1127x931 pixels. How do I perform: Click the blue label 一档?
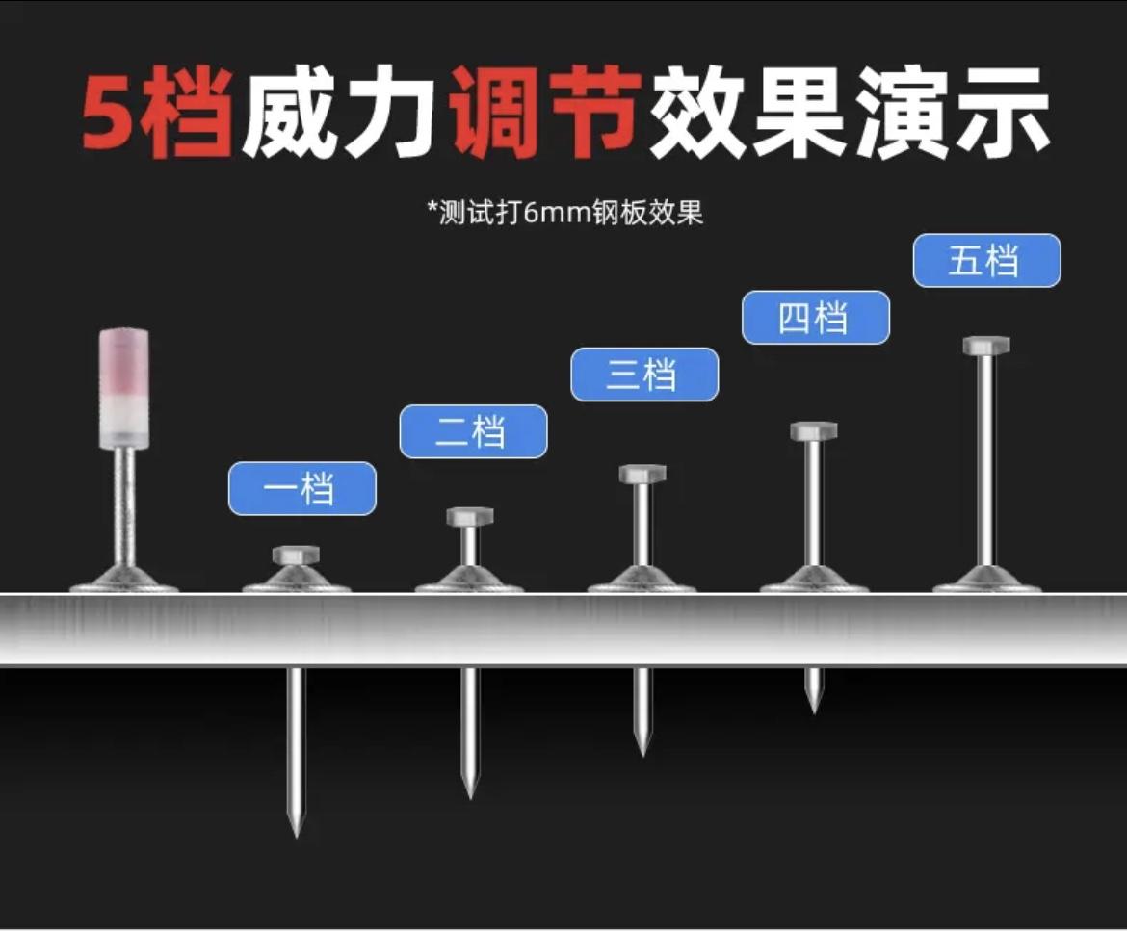(301, 489)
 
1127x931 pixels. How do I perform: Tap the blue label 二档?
(473, 431)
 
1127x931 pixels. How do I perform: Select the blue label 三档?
(643, 375)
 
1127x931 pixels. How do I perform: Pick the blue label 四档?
(815, 318)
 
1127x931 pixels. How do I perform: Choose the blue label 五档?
(986, 261)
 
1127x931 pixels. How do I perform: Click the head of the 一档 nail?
(296, 555)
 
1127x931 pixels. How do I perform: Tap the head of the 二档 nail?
(469, 516)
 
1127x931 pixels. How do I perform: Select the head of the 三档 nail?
(642, 474)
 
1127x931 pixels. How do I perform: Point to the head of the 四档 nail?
(814, 430)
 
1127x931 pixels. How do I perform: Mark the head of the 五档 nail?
(985, 345)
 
